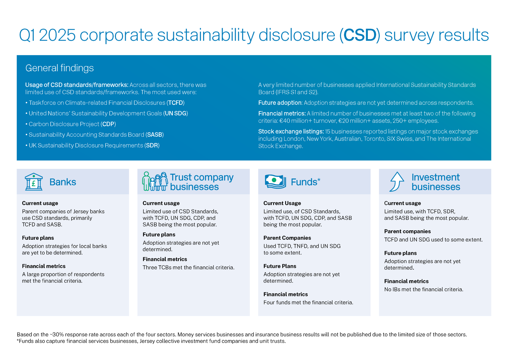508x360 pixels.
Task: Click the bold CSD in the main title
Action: (360, 35)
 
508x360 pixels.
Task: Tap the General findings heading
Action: (59, 68)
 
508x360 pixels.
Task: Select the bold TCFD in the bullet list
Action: (175, 103)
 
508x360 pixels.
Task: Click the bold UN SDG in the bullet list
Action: (175, 113)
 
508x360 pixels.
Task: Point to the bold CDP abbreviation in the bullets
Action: (108, 124)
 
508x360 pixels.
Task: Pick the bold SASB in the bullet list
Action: (155, 135)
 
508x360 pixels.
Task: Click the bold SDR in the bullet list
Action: (152, 145)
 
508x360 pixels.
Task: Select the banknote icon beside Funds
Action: (275, 181)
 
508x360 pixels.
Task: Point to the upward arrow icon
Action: (397, 181)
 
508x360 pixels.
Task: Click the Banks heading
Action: (63, 182)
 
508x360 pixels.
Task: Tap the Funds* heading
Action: (305, 182)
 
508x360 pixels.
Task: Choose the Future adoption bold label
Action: (280, 103)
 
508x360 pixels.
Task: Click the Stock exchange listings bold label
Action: (291, 131)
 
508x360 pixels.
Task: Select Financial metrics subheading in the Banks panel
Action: (44, 266)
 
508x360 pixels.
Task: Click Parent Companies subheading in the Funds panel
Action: (287, 238)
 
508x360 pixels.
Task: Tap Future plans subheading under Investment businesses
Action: (400, 253)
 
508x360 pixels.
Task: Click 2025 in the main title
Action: (57, 35)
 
